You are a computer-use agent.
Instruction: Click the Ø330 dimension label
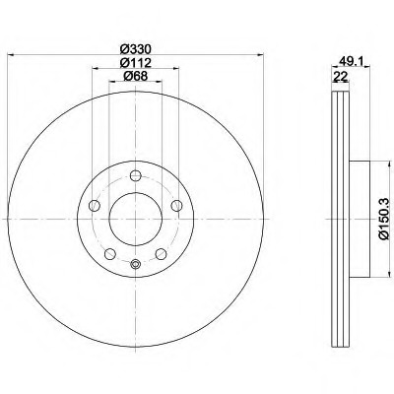pyautogui.click(x=135, y=49)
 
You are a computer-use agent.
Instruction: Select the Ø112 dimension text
pyautogui.click(x=135, y=62)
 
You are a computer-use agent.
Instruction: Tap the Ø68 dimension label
pyautogui.click(x=135, y=76)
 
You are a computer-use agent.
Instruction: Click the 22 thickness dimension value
pyautogui.click(x=340, y=77)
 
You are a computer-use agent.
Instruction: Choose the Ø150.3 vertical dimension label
pyautogui.click(x=385, y=219)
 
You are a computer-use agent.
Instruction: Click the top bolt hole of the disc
pyautogui.click(x=135, y=175)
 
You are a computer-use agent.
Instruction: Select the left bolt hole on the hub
pyautogui.click(x=95, y=206)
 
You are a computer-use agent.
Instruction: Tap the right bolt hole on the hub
pyautogui.click(x=176, y=206)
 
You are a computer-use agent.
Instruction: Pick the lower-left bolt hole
pyautogui.click(x=110, y=254)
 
